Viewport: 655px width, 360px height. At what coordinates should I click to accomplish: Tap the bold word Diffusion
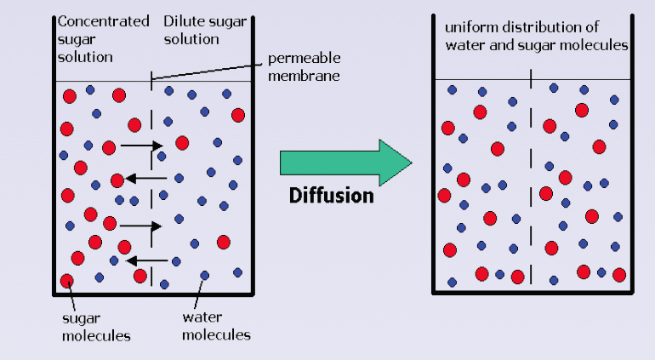click(331, 196)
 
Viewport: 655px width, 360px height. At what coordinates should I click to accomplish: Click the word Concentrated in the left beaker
click(103, 21)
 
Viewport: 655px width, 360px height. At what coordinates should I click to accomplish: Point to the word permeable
click(305, 58)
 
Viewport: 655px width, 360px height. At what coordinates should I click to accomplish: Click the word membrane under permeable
click(304, 76)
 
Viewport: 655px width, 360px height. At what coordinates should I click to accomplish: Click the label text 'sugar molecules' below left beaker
click(96, 327)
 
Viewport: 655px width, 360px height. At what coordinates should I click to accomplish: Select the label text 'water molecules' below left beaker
click(216, 326)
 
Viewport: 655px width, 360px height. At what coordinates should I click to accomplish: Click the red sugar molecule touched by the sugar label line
click(67, 281)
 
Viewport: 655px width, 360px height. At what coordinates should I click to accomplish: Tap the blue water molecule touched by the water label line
click(205, 275)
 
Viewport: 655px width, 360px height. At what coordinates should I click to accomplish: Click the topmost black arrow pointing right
click(141, 146)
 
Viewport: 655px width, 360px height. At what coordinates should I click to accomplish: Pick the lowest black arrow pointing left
click(147, 261)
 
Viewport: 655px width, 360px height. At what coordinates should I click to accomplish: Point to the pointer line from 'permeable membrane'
click(207, 71)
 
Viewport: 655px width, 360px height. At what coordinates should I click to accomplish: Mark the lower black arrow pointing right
click(140, 226)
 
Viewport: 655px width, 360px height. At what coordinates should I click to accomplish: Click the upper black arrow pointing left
click(146, 179)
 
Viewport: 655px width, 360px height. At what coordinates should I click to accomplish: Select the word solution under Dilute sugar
click(191, 39)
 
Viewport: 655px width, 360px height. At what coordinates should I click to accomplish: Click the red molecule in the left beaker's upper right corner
click(238, 115)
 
